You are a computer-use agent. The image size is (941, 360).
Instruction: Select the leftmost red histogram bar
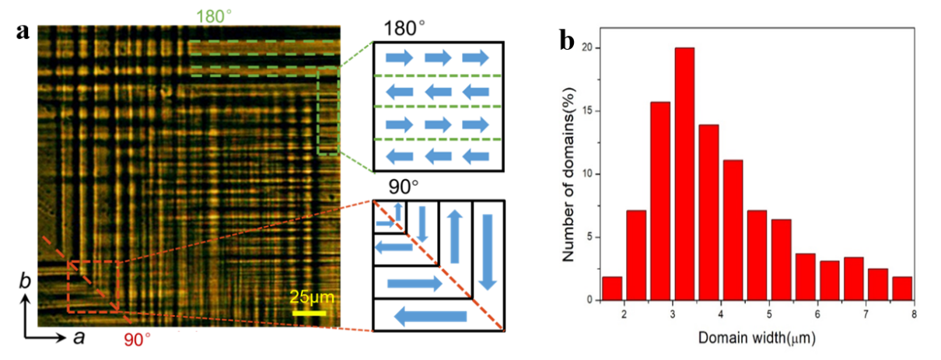pyautogui.click(x=612, y=288)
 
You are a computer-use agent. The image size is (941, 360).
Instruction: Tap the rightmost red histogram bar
pyautogui.click(x=902, y=288)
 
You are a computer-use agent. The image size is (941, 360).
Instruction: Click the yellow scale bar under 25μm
pyautogui.click(x=309, y=313)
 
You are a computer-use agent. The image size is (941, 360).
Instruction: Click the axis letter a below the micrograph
pyautogui.click(x=78, y=337)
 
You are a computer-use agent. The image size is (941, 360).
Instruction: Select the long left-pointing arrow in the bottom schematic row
pyautogui.click(x=431, y=316)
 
